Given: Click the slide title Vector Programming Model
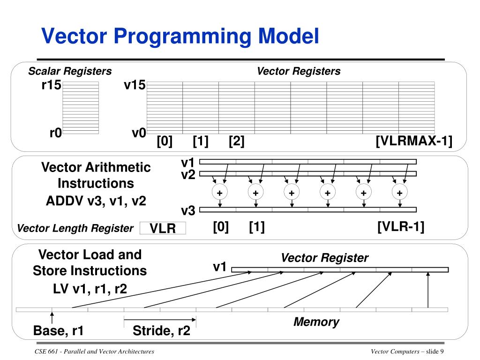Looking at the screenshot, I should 180,36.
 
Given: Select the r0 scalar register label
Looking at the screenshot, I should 55,133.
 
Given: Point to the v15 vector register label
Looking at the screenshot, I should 135,85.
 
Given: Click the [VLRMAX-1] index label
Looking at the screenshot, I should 414,141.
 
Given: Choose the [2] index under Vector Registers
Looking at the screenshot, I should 236,141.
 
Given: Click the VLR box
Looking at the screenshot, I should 163,228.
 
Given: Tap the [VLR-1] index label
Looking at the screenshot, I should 401,227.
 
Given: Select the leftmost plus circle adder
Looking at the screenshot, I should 219,193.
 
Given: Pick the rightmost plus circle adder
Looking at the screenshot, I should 399,193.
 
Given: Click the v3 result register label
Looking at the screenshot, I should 188,211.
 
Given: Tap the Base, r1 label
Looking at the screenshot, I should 59,331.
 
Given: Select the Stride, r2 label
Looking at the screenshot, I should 161,331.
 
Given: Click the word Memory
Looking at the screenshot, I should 316,322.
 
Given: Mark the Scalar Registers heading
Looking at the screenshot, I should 70,71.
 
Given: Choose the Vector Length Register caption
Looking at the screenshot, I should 75,228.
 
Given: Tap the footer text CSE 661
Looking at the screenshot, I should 45,352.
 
